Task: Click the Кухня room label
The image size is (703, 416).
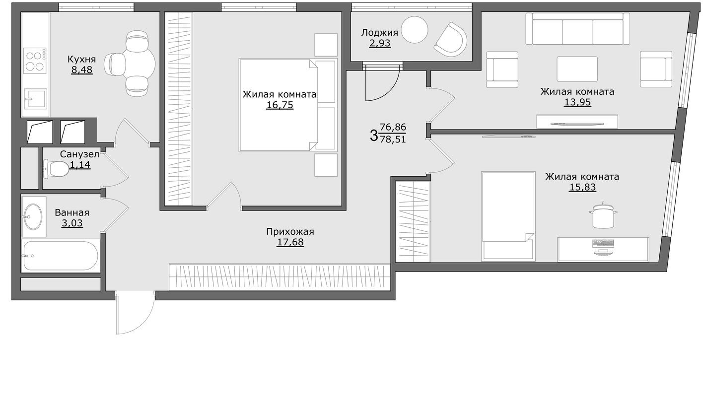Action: tap(81, 60)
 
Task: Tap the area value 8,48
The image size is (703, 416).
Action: tap(81, 70)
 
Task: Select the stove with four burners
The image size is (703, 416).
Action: tap(35, 60)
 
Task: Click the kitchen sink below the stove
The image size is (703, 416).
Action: tap(35, 101)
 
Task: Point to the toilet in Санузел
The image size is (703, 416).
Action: tap(56, 169)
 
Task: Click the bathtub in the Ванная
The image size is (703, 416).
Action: tap(60, 256)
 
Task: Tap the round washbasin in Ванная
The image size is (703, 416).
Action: tap(33, 216)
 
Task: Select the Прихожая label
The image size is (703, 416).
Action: tap(290, 232)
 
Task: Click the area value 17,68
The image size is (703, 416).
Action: tap(290, 242)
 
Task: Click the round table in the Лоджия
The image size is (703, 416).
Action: tap(414, 30)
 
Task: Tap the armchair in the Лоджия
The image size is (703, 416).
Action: tap(450, 39)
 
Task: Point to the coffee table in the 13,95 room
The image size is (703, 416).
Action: tap(577, 69)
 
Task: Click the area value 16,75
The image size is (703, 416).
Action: tap(280, 105)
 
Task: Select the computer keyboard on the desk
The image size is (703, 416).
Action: tap(603, 243)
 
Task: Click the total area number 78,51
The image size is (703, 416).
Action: tap(393, 139)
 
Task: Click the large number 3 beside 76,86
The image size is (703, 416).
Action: tap(374, 135)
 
